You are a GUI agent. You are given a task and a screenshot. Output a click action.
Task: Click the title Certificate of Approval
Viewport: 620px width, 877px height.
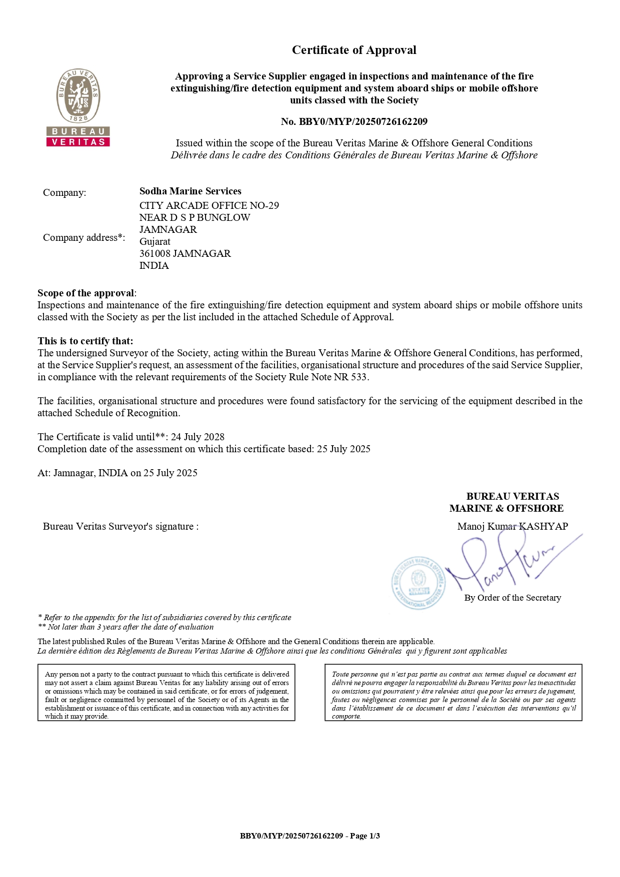(354, 50)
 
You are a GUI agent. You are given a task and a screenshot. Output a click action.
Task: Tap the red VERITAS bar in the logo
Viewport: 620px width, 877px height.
(78, 142)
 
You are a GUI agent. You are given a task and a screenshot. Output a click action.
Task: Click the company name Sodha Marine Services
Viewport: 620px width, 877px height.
(190, 191)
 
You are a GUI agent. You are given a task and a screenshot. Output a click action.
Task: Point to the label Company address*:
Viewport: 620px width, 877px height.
(84, 237)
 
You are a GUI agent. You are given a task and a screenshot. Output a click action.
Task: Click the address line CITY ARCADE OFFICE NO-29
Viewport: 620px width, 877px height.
(209, 205)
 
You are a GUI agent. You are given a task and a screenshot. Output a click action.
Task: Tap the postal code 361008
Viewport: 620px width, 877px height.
(154, 253)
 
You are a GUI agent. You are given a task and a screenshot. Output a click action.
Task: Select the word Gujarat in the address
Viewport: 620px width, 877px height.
(155, 241)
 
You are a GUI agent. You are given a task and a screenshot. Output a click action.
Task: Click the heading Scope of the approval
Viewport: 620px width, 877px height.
(86, 293)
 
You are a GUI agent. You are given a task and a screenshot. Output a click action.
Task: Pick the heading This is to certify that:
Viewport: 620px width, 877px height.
(85, 341)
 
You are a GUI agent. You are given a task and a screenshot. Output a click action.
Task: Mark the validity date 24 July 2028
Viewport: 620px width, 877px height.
(197, 437)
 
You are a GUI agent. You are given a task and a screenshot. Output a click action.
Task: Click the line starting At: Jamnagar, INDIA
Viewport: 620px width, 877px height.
(117, 473)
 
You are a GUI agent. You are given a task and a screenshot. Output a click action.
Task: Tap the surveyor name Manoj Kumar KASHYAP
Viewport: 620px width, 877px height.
(512, 526)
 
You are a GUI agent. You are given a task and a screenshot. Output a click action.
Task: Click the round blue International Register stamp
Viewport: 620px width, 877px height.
(418, 583)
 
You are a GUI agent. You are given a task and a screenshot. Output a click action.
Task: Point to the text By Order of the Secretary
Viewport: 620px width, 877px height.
(512, 598)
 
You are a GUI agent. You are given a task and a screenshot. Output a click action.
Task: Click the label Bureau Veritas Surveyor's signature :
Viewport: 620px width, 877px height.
(121, 526)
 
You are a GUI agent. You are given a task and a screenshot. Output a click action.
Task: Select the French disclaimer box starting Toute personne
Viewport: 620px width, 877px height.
(453, 693)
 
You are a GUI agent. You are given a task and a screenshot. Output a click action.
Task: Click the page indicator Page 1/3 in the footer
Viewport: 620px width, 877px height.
(364, 836)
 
